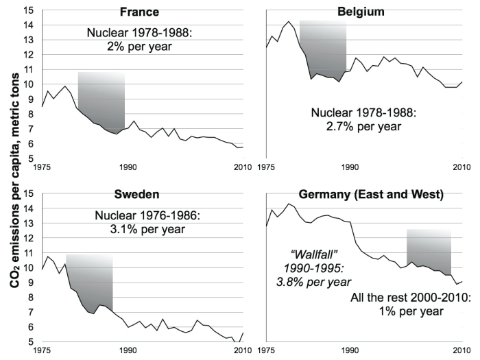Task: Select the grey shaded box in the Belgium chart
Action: pos(322,51)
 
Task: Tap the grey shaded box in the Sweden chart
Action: pos(90,274)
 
